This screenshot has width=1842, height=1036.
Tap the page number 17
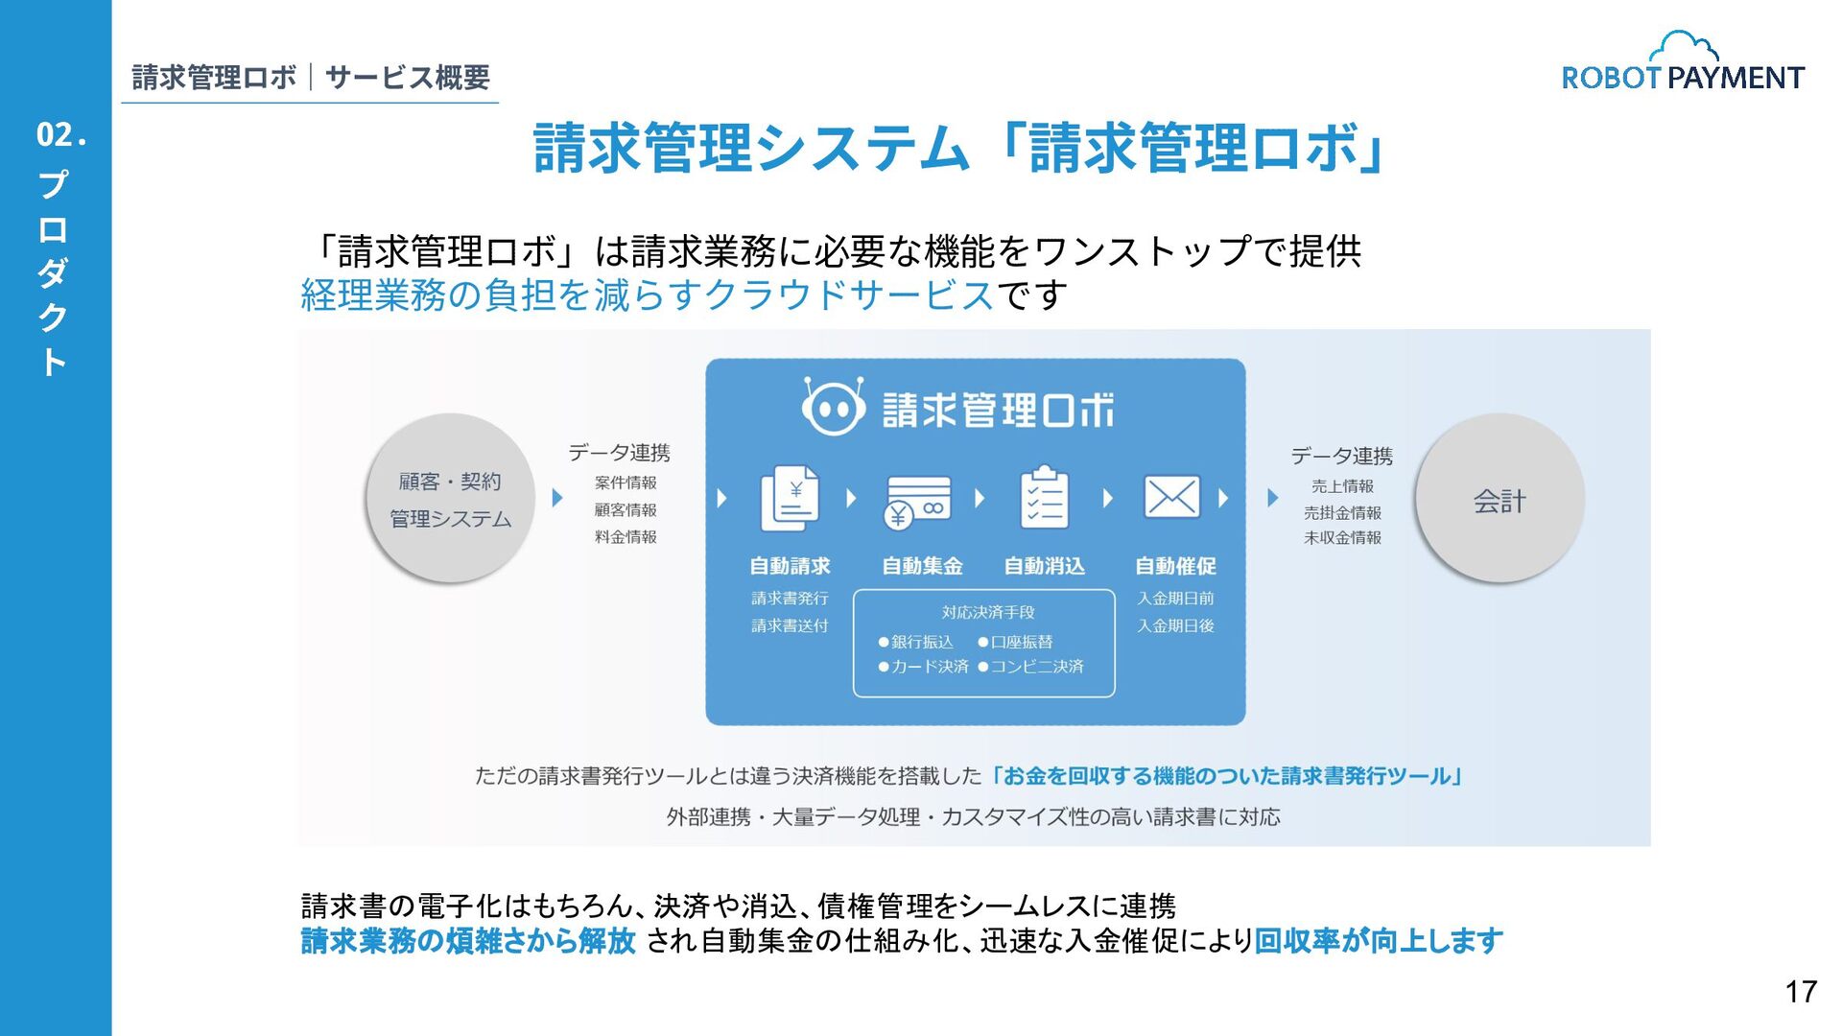coord(1801,991)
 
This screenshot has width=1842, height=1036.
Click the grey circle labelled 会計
coord(1499,499)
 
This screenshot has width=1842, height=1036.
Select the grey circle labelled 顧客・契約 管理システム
coord(450,499)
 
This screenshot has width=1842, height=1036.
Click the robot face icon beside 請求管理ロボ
coord(832,408)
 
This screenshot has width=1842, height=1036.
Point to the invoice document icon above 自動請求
coord(790,498)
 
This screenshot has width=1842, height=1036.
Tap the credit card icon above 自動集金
coord(918,501)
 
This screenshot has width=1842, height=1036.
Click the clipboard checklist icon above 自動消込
coord(1044,498)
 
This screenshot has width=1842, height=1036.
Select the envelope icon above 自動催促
coord(1171,497)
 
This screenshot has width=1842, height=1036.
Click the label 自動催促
coord(1175,566)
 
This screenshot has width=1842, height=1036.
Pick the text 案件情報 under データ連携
coord(626,483)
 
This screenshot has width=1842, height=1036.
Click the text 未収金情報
coord(1342,538)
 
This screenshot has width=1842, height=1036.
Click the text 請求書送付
coord(790,625)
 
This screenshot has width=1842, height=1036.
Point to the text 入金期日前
coord(1175,599)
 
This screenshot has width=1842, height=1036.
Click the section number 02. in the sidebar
coord(61,135)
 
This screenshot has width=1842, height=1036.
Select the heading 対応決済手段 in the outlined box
coord(987,612)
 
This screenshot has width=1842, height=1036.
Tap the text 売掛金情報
coord(1342,512)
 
